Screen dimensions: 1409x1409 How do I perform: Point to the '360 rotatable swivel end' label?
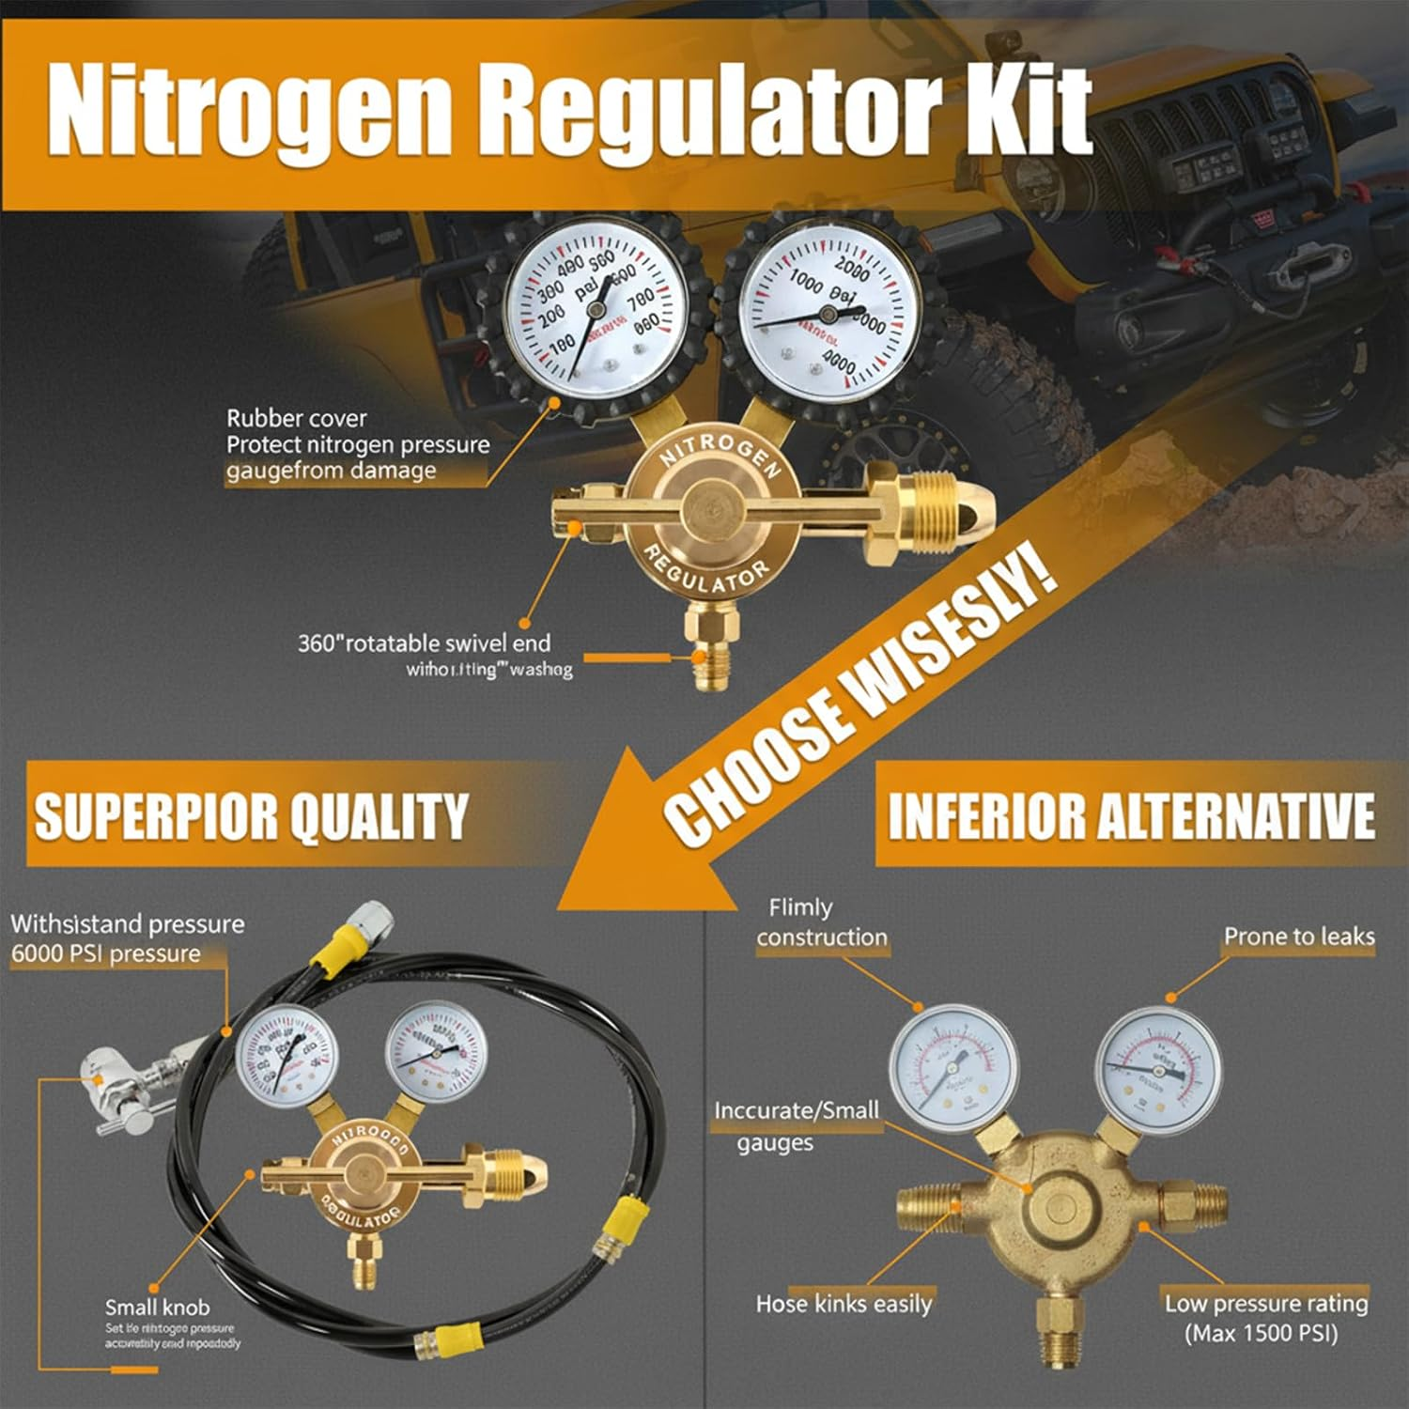(424, 643)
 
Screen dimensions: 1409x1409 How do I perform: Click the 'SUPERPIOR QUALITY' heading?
(251, 815)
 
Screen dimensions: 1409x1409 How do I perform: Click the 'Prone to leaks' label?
(1298, 937)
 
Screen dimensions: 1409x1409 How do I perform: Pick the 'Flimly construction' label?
(821, 922)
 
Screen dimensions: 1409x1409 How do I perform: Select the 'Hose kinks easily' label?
(844, 1304)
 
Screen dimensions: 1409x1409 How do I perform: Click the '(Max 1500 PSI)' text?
(1261, 1333)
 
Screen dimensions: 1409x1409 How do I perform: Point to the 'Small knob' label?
(157, 1307)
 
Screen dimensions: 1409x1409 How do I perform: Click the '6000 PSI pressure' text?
(106, 953)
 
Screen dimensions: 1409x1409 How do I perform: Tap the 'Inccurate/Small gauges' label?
(797, 1125)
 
